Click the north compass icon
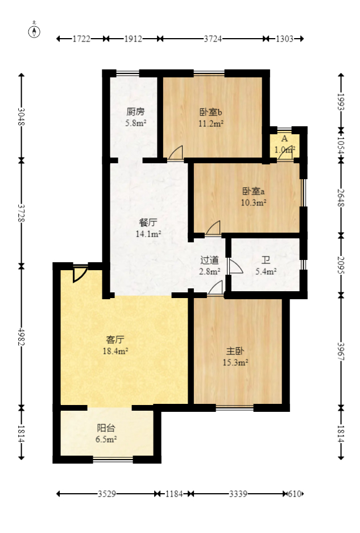point(35,30)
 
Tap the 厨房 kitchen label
point(135,111)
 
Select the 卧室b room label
point(210,112)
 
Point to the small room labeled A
point(284,139)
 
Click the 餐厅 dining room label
point(148,223)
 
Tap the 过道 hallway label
point(209,261)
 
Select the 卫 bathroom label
point(266,261)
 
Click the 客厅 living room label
point(115,340)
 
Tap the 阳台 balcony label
point(106,428)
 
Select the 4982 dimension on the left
point(22,337)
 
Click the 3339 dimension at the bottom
point(238,494)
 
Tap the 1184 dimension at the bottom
point(174,494)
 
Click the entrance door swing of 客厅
point(80,274)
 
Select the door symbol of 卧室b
point(176,152)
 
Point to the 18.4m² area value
point(115,351)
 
